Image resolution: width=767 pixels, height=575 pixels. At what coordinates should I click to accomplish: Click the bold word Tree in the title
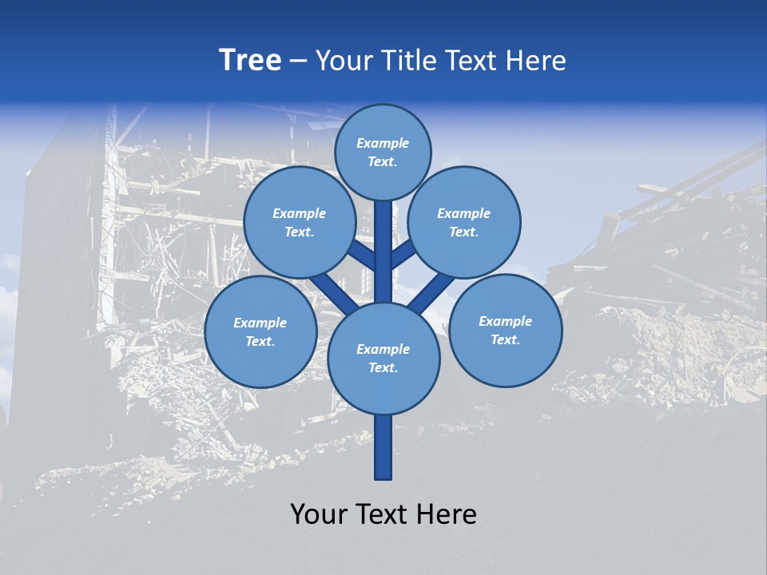[x=250, y=61]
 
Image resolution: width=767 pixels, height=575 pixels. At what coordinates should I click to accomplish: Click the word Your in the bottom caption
[x=320, y=514]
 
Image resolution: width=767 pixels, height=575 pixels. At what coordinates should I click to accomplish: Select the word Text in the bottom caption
[x=385, y=514]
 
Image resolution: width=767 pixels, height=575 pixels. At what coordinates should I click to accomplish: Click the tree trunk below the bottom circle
[x=383, y=447]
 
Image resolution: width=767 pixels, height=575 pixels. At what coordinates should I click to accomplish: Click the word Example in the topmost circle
[x=383, y=144]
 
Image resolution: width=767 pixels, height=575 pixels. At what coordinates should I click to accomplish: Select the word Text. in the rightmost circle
[x=505, y=339]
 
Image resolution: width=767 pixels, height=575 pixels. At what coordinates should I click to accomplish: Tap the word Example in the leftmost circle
[x=260, y=323]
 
